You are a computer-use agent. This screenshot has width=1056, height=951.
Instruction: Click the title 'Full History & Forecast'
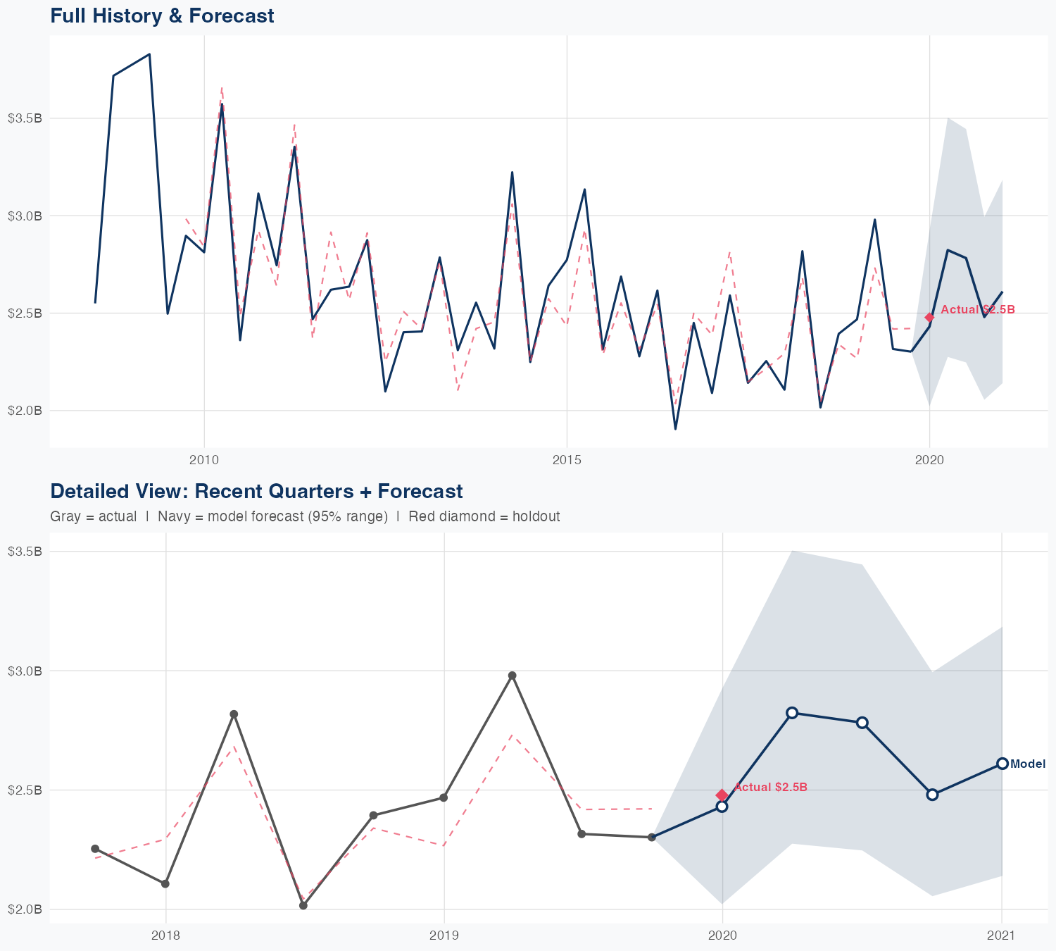click(x=162, y=15)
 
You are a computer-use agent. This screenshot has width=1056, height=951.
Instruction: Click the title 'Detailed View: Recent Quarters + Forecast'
click(x=256, y=491)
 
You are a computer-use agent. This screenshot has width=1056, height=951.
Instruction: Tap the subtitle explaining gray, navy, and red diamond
click(x=305, y=516)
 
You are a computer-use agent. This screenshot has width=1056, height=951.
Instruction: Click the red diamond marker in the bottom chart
click(x=722, y=795)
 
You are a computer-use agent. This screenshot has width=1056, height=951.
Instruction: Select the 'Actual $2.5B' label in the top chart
click(x=977, y=310)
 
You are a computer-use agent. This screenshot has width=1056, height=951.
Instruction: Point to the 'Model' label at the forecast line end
click(x=1027, y=764)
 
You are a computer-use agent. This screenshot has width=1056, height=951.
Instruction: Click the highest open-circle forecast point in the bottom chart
click(x=792, y=713)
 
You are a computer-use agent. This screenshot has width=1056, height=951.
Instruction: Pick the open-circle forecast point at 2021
click(x=1002, y=764)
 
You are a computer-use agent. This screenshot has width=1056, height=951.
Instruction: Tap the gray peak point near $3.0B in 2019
click(x=513, y=676)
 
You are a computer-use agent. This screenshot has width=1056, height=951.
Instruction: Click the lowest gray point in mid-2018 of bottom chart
click(x=303, y=905)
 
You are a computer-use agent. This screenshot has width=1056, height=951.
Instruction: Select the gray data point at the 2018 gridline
click(x=165, y=883)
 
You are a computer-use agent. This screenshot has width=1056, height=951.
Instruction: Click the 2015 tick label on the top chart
click(x=567, y=461)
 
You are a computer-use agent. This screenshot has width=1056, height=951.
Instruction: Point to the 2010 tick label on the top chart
click(x=204, y=461)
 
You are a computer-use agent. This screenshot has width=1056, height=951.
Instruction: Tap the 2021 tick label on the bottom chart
click(x=1001, y=936)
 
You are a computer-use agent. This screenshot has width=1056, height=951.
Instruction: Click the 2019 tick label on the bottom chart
click(x=444, y=936)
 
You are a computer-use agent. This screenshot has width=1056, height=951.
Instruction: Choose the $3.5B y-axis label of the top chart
click(x=25, y=118)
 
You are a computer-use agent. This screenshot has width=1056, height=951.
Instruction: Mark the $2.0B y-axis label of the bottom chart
click(x=25, y=909)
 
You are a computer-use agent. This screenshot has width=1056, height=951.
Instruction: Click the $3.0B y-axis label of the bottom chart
click(x=25, y=671)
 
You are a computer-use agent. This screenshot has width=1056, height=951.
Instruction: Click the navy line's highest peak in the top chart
click(x=149, y=54)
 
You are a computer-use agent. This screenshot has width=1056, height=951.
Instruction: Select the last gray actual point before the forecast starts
click(x=652, y=837)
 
